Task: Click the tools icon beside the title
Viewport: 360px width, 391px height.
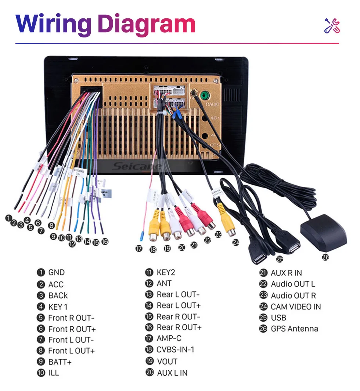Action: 332,25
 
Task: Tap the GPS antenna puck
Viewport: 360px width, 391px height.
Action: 323,233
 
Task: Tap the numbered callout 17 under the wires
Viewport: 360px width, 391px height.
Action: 138,249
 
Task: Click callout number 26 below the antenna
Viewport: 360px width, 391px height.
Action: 325,257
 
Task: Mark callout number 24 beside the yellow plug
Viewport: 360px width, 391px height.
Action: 235,242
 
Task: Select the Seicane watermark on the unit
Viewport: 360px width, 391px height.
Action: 137,167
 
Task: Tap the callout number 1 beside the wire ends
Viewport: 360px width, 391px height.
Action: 8,218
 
